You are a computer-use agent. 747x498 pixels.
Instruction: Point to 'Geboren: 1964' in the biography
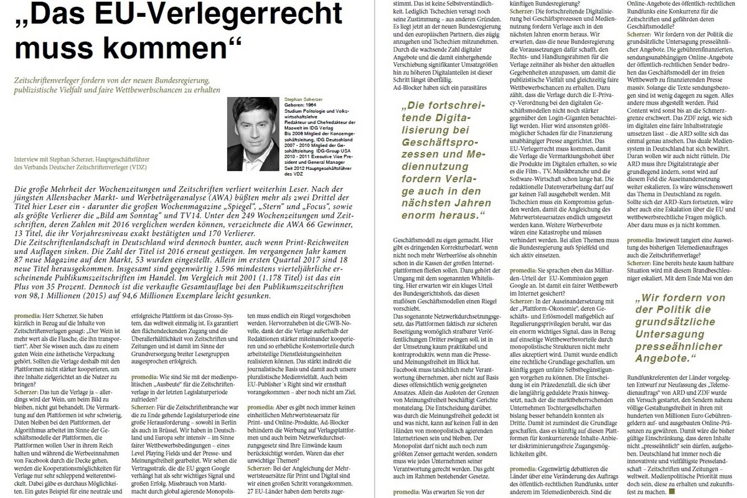click(298, 105)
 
